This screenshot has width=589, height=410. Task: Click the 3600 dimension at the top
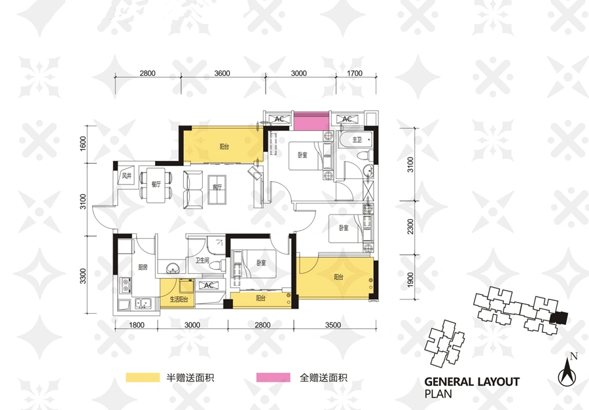tap(222, 73)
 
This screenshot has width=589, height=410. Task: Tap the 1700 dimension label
tap(355, 73)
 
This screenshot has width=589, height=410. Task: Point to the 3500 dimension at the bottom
tap(333, 325)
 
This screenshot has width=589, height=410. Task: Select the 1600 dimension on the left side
tap(83, 143)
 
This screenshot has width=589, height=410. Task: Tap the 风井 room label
tap(127, 176)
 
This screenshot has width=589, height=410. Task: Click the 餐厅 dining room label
tap(156, 184)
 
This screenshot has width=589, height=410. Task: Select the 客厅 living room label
tap(217, 187)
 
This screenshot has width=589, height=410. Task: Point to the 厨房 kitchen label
tap(143, 267)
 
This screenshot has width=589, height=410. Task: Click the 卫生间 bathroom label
tap(202, 260)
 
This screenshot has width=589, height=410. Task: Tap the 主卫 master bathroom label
tap(357, 140)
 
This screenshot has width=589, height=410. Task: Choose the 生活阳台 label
tap(179, 299)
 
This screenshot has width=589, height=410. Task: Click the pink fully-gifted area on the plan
tap(311, 121)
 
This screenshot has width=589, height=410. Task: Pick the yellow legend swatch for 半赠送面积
tap(143, 377)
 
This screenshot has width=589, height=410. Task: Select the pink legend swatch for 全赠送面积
tap(274, 377)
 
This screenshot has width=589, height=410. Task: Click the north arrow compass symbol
tap(567, 371)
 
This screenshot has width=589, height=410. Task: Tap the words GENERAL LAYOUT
tap(472, 383)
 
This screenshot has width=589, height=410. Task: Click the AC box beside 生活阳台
tap(209, 285)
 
